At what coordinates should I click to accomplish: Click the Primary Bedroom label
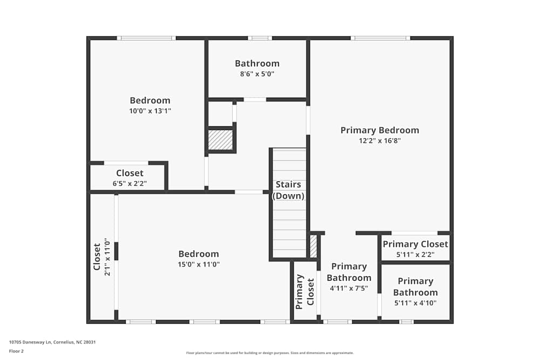(380, 130)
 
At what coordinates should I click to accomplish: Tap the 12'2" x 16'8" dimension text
(380, 140)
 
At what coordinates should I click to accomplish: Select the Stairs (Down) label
(288, 190)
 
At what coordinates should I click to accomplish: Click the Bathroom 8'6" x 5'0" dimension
(257, 74)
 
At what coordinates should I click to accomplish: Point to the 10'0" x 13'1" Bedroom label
(150, 100)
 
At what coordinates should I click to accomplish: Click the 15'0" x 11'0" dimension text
(199, 264)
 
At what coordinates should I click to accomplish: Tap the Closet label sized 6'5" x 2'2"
(130, 173)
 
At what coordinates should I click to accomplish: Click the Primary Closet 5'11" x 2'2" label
(415, 244)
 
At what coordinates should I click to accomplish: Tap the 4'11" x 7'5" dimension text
(349, 288)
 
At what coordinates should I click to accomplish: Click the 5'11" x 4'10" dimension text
(415, 303)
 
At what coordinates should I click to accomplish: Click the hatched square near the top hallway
(221, 140)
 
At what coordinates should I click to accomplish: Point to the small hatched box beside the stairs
(313, 246)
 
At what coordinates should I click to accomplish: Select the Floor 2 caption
(16, 351)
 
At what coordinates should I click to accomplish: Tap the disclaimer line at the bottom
(269, 353)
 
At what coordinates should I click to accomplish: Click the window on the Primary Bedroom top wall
(380, 38)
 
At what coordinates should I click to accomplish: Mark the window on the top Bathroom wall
(260, 38)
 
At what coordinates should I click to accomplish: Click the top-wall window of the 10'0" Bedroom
(146, 38)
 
